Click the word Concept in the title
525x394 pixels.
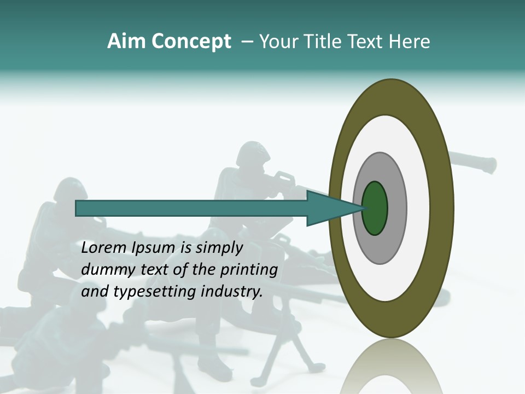[191, 42]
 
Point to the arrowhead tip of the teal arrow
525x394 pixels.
[363, 208]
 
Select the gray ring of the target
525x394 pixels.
[397, 208]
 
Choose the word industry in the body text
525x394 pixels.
[231, 292]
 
